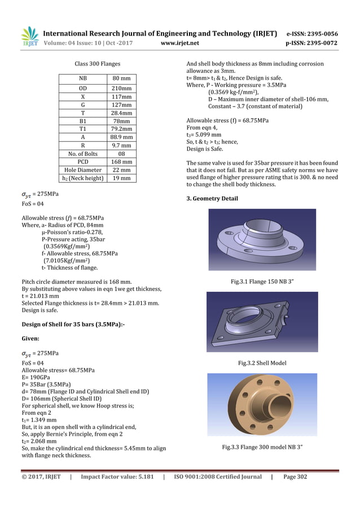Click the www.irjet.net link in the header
pyautogui.click(x=180, y=42)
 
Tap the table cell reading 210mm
pyautogui.click(x=121, y=88)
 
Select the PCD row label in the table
pyautogui.click(x=82, y=161)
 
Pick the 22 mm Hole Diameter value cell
pyautogui.click(x=121, y=169)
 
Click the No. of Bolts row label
pyautogui.click(x=82, y=153)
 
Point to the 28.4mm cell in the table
pyautogui.click(x=121, y=112)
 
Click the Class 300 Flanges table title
pyautogui.click(x=97, y=64)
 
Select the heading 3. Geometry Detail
pyautogui.click(x=212, y=199)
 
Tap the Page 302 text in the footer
pyautogui.click(x=295, y=477)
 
